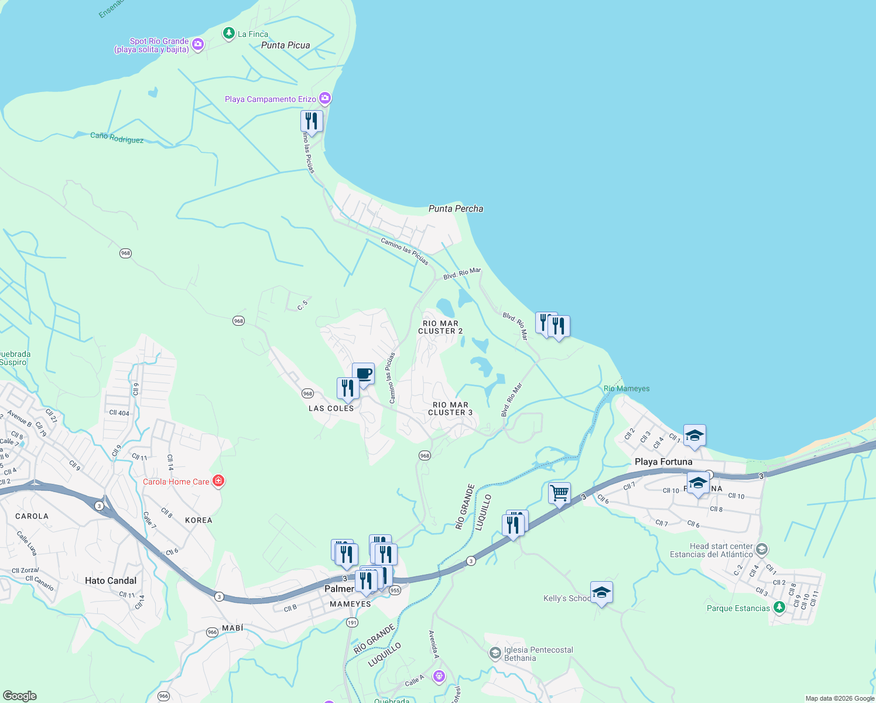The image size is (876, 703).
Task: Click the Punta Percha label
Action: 456,209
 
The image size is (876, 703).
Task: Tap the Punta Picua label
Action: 285,45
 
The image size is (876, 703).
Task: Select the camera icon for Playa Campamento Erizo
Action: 325,98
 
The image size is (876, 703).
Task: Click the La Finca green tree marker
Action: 229,33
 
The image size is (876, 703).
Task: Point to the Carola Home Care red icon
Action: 218,481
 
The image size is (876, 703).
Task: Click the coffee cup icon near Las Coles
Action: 363,374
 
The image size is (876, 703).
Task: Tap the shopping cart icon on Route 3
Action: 559,493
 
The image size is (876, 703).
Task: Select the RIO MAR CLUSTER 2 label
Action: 440,327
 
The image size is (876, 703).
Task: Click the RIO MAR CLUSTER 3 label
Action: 450,408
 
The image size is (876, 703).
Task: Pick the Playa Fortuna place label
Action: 663,462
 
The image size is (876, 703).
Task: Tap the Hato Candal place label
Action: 111,581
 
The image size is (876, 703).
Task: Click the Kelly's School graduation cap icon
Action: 601,592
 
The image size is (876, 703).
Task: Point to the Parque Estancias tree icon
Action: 779,607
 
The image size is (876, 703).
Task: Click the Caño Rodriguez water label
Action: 117,138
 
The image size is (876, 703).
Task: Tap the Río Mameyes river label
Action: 627,388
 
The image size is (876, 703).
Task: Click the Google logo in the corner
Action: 19,695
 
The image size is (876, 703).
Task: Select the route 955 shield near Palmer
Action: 395,591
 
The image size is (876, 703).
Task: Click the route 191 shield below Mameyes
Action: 351,622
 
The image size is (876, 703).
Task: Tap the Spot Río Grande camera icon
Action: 198,44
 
